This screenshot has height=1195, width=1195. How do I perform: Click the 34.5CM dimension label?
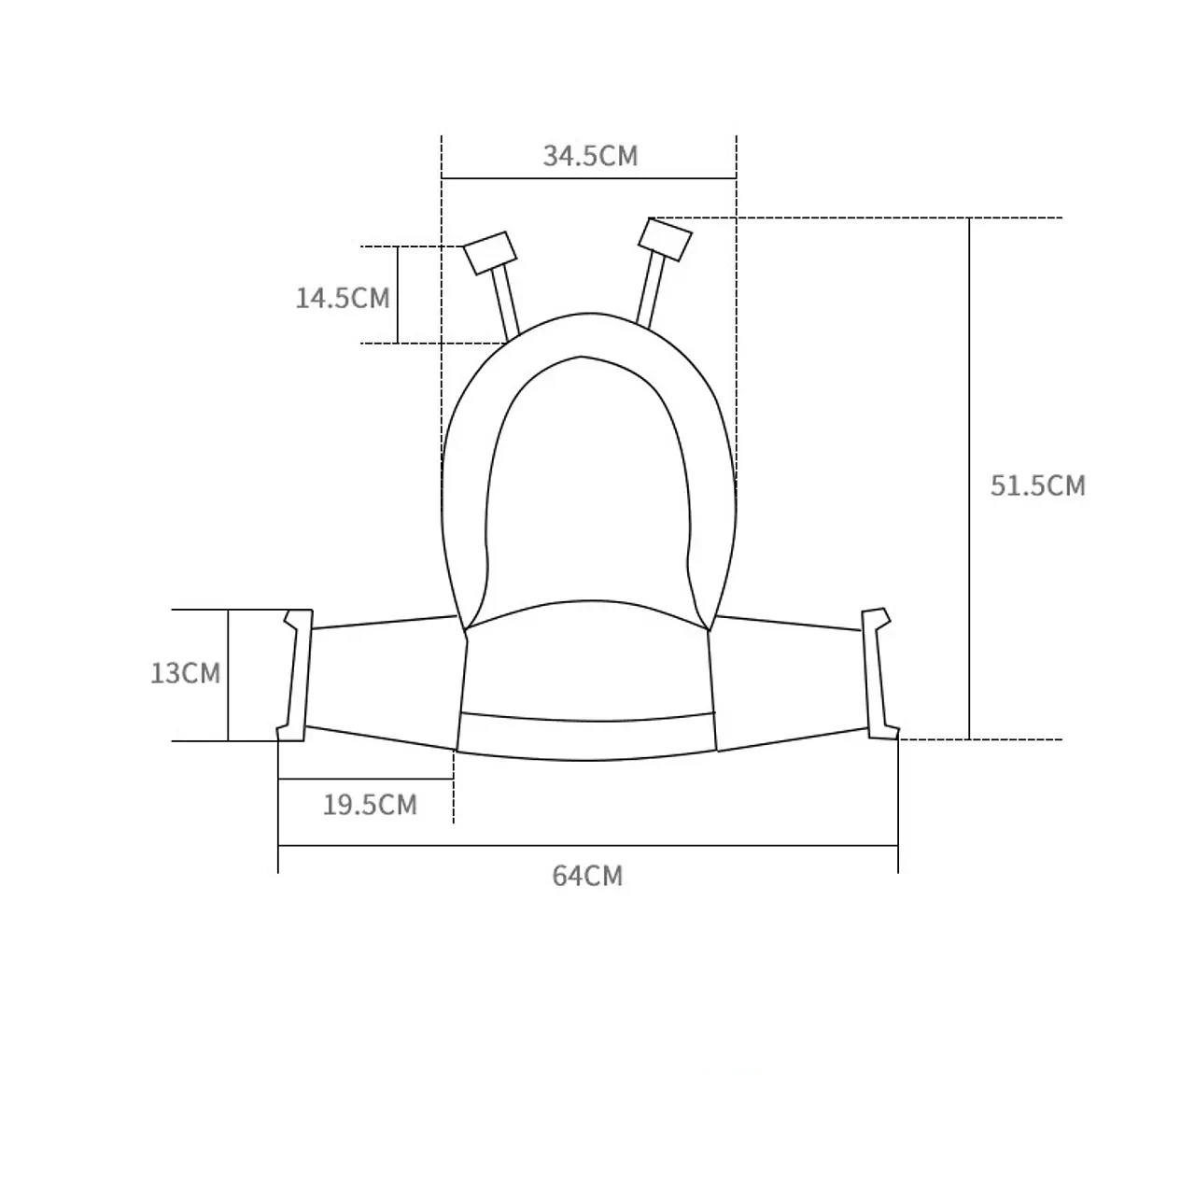point(590,156)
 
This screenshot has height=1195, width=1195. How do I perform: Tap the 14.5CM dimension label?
point(343,299)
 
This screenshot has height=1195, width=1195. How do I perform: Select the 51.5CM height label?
point(1037,485)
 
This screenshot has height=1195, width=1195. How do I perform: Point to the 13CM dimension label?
point(186,673)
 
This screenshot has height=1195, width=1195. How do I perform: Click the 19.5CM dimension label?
point(371,805)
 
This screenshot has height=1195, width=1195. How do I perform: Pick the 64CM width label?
point(587,876)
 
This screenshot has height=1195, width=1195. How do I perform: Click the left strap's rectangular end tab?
point(490,253)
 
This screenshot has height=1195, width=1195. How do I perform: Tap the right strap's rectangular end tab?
point(665,239)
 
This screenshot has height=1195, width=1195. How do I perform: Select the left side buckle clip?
point(295,675)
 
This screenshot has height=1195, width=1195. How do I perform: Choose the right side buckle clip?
point(880,673)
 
